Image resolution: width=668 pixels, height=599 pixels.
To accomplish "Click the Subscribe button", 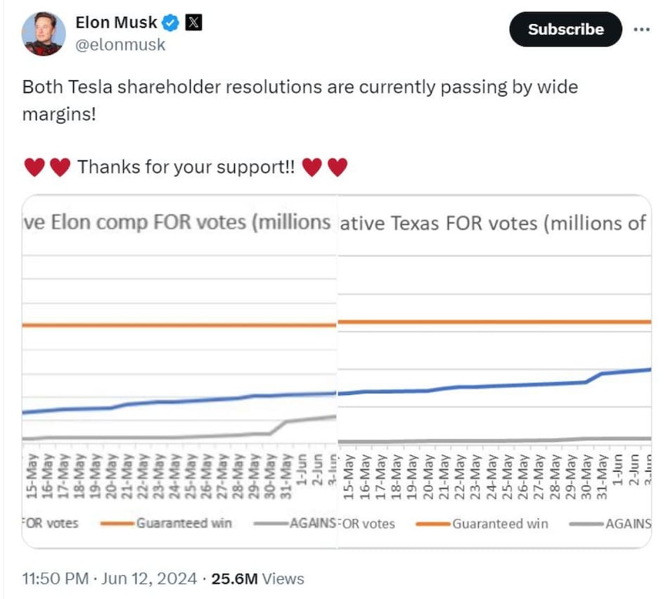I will click(565, 30).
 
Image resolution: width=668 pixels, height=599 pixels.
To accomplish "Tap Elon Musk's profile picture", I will click(44, 33).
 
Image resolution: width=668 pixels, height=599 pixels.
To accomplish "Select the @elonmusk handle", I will click(120, 45).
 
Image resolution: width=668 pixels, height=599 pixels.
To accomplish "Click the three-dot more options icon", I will click(642, 30).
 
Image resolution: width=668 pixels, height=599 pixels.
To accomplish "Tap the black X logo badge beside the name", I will click(193, 23).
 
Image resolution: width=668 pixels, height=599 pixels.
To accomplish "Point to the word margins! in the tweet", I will click(58, 113).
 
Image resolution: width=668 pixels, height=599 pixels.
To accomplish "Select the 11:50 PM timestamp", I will click(55, 579).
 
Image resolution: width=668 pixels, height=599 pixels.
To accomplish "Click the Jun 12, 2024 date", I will click(149, 579).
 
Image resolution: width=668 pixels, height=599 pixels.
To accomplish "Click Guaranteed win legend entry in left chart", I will click(184, 523).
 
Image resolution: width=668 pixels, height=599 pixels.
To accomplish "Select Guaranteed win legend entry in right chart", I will click(499, 524).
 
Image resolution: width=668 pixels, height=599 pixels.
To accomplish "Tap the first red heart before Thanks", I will click(34, 168).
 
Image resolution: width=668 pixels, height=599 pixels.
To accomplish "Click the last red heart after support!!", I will click(338, 168).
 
